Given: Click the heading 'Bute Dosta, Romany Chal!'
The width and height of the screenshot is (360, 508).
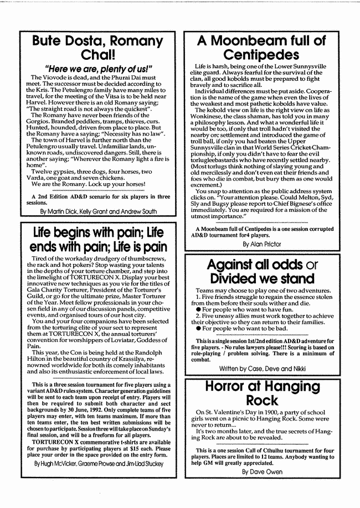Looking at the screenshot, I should coord(97,48).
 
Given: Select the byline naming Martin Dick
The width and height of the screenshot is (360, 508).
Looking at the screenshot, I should coord(97,211).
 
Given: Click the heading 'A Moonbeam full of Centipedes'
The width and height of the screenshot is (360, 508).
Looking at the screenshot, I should coord(262,48).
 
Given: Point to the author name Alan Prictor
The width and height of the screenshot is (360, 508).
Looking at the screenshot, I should coord(262,243).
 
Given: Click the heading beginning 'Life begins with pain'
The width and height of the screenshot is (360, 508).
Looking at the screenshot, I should coord(97,240).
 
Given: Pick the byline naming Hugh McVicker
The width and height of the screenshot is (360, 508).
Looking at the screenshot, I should coord(97,463).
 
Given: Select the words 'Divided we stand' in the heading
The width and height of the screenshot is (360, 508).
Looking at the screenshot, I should coord(262,279).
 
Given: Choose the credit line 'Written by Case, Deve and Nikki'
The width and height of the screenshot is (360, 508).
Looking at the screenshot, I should coord(262,367).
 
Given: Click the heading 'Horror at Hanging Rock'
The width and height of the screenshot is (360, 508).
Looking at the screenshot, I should coord(262,393).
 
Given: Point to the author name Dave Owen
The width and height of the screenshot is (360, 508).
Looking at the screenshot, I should coord(262,472).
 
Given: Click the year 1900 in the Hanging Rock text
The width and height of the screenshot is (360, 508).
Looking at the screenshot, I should coord(258,412).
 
